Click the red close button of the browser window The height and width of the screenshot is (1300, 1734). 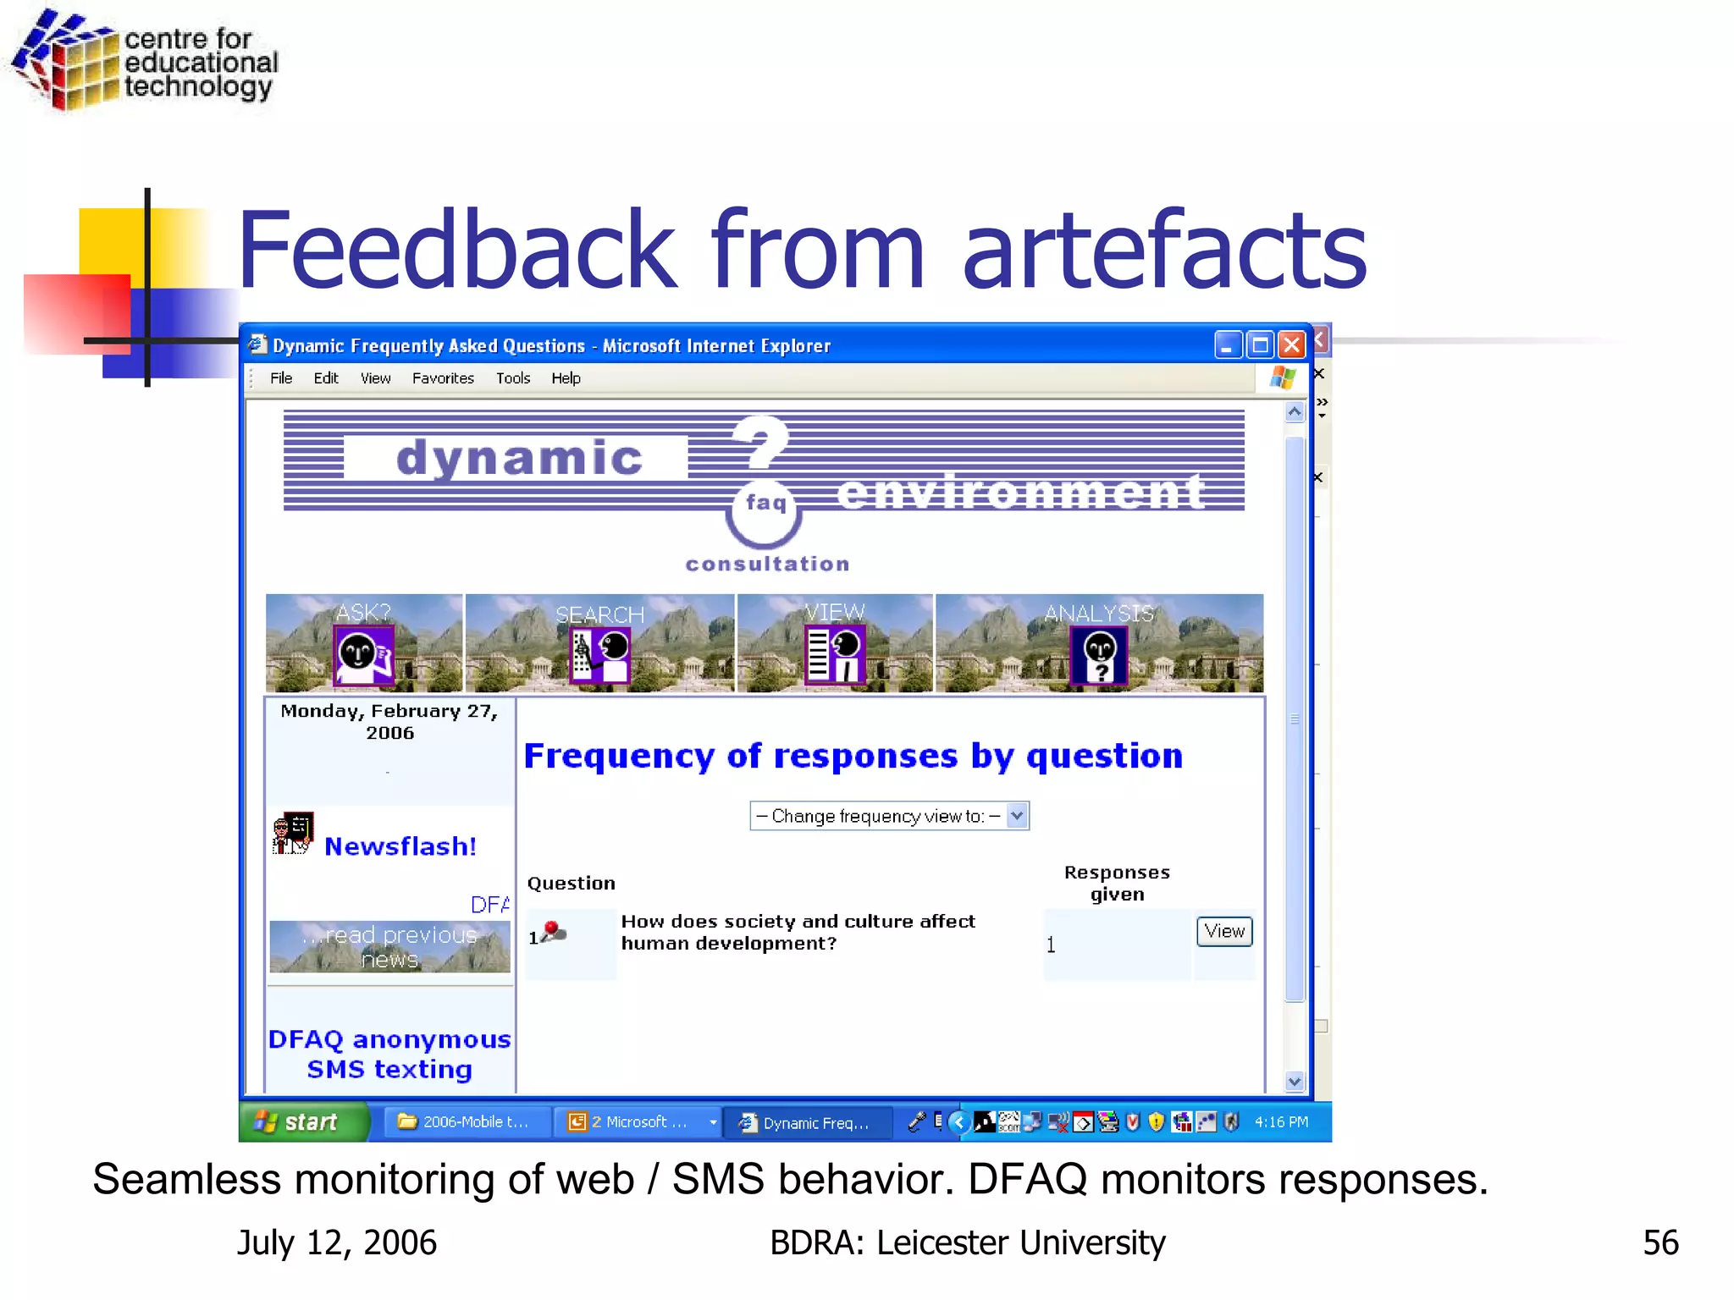pyautogui.click(x=1291, y=344)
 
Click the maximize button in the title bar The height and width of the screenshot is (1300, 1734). pyautogui.click(x=1260, y=344)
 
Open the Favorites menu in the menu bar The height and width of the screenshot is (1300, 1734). pyautogui.click(x=443, y=378)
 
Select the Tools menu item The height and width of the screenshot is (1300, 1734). pyautogui.click(x=512, y=378)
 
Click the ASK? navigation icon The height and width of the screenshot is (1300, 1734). pyautogui.click(x=364, y=653)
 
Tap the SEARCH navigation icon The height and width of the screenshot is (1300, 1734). pyautogui.click(x=599, y=653)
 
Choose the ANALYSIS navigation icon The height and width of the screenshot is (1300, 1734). pyautogui.click(x=1099, y=653)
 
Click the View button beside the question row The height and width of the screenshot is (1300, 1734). pyautogui.click(x=1224, y=931)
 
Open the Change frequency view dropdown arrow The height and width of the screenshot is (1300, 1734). pyautogui.click(x=1017, y=816)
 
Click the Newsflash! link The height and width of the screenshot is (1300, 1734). pyautogui.click(x=400, y=846)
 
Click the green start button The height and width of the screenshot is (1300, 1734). pyautogui.click(x=303, y=1122)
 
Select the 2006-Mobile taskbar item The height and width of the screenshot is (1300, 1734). pyautogui.click(x=465, y=1122)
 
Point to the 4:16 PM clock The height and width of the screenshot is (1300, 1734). pyautogui.click(x=1281, y=1122)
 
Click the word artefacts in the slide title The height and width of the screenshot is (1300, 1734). pyautogui.click(x=1164, y=251)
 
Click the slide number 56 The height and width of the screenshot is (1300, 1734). pyautogui.click(x=1660, y=1242)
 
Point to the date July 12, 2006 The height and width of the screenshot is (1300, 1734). pyautogui.click(x=337, y=1242)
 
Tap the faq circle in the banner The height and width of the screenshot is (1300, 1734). pyautogui.click(x=765, y=508)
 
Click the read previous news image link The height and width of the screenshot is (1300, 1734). pyautogui.click(x=389, y=947)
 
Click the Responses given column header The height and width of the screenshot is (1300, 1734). pyautogui.click(x=1117, y=883)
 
